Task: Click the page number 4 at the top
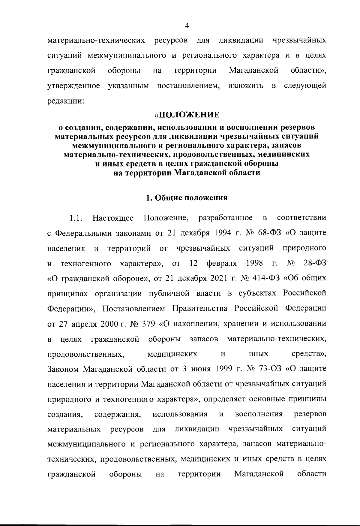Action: [187, 26]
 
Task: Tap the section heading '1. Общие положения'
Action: [187, 198]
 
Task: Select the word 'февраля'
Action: [221, 264]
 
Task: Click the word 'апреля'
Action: [83, 324]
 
